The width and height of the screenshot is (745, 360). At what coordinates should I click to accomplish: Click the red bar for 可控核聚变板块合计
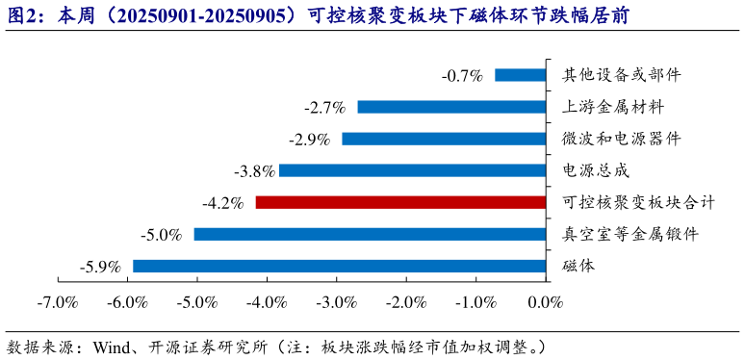pos(400,202)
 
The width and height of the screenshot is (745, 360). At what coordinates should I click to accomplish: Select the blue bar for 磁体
pos(339,266)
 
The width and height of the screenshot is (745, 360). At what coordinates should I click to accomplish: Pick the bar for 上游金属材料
pos(451,107)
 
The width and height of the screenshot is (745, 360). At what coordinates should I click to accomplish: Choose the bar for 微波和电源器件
pos(444,139)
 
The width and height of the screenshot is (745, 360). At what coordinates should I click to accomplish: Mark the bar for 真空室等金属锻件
pos(371,234)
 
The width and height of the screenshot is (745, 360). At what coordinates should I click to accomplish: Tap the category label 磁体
pos(578,266)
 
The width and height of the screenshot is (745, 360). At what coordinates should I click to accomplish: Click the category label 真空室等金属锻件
pos(629,234)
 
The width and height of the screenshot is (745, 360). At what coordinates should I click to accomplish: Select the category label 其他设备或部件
pos(622,75)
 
